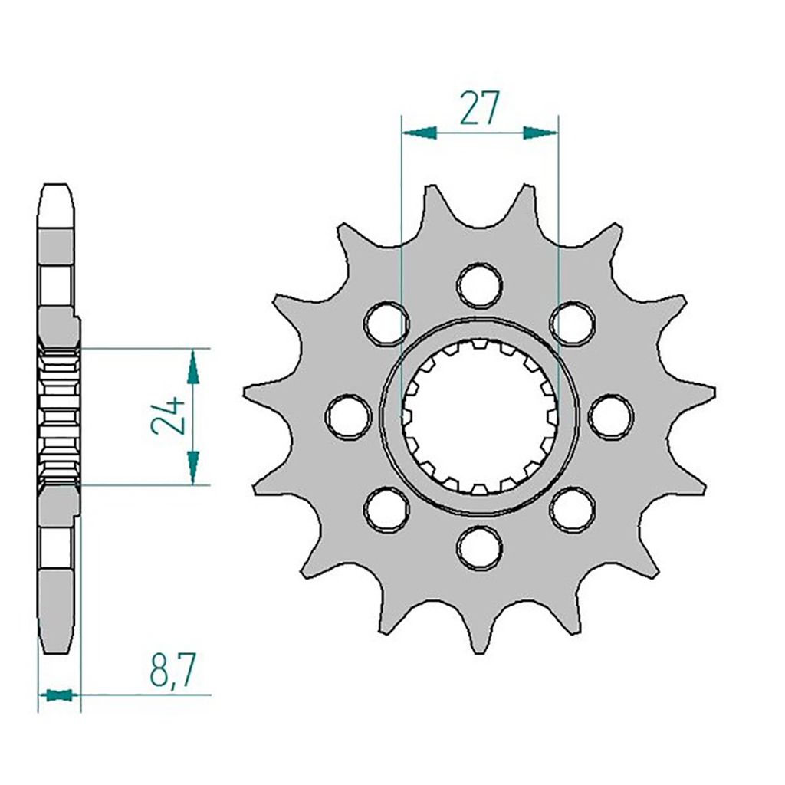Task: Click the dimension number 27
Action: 480,107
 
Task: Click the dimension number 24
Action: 168,416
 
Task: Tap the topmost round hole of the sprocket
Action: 480,285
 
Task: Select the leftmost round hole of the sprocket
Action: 349,416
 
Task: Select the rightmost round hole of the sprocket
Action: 611,416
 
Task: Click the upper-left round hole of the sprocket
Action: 386,324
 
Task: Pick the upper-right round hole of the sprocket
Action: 573,324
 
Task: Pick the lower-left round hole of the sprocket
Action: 386,509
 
